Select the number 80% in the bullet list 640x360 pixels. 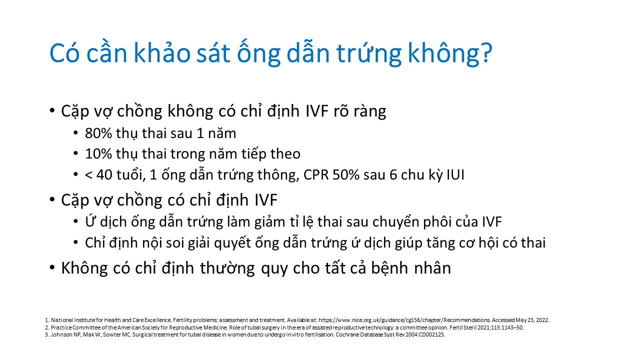point(98,133)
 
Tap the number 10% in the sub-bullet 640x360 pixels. point(98,154)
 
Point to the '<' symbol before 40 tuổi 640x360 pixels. point(88,175)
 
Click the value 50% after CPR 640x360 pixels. point(345,175)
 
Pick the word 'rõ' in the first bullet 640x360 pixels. point(341,111)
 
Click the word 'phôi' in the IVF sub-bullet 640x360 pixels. point(437,221)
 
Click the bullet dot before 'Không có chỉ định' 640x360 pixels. point(52,267)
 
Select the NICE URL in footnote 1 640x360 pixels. point(404,320)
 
